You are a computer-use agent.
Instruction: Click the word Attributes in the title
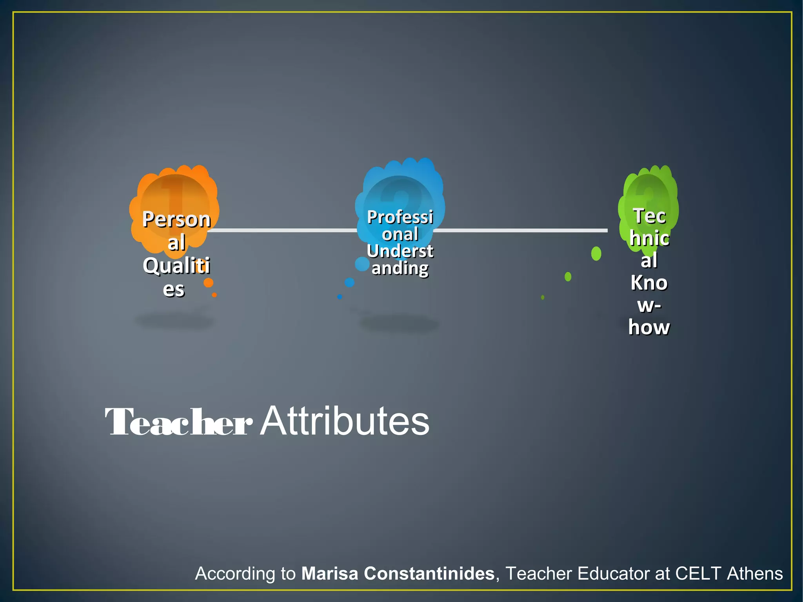tap(345, 421)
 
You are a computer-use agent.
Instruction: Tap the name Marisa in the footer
tap(330, 573)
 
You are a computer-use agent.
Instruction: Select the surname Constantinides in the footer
tap(429, 573)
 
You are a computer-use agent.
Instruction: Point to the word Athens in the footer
tap(755, 573)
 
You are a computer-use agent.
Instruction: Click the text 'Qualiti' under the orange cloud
tap(176, 266)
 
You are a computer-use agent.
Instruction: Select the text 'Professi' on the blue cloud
tap(400, 217)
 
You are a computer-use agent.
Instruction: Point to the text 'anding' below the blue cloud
tap(400, 268)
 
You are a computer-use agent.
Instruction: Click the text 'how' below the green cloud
tap(649, 327)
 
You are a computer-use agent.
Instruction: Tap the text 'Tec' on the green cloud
tap(649, 216)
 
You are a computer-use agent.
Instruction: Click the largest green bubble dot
tap(596, 253)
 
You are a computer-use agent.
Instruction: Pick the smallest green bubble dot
tap(543, 297)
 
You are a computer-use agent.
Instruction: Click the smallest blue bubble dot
tap(340, 297)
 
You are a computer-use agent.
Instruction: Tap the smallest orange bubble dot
tap(214, 295)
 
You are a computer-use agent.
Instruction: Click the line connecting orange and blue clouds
tap(282, 230)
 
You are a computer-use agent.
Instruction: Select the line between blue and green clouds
tap(521, 230)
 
